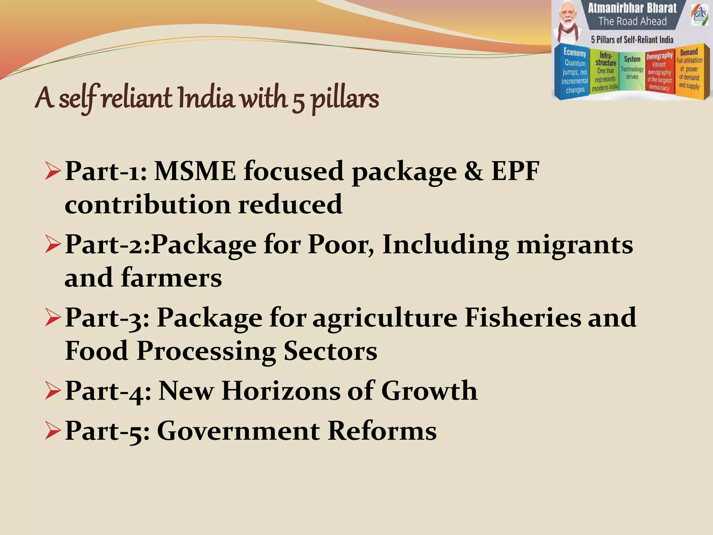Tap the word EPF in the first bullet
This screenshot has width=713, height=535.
(x=515, y=171)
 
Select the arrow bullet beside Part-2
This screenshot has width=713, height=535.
(x=53, y=245)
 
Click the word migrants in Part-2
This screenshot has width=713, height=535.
(x=575, y=245)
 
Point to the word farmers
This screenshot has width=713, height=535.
(x=171, y=278)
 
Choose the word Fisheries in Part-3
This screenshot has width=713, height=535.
(x=523, y=318)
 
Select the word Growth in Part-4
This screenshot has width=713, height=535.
(x=429, y=391)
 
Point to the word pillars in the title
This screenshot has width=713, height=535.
(x=344, y=100)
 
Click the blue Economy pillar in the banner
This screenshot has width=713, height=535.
(x=575, y=71)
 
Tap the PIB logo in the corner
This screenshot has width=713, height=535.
(x=700, y=16)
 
